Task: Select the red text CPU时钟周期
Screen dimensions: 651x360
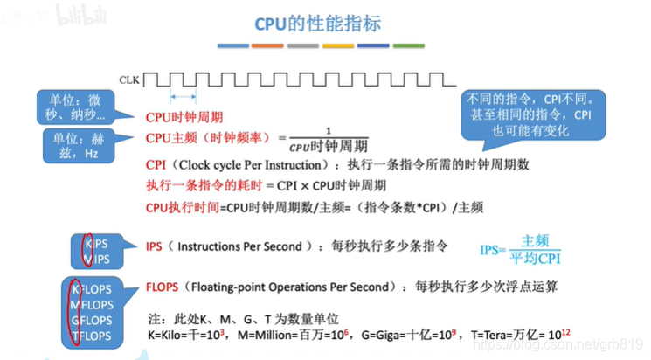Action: click(x=184, y=117)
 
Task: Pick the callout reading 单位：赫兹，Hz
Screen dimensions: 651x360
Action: click(x=79, y=145)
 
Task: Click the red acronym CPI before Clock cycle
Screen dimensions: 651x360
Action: click(x=156, y=164)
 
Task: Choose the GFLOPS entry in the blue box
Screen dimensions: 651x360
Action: click(x=91, y=320)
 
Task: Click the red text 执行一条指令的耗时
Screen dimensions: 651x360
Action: click(x=196, y=186)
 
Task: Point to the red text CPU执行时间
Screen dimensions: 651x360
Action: click(x=181, y=207)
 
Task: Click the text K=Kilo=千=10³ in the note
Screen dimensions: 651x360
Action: click(x=194, y=336)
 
